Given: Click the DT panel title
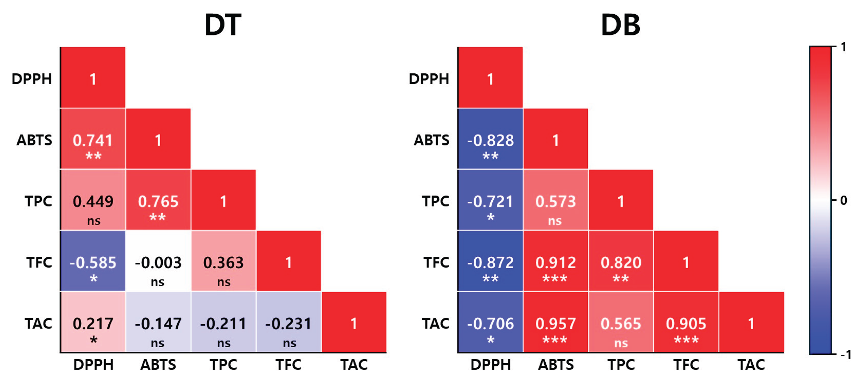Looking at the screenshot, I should tap(223, 25).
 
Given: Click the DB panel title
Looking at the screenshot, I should tap(620, 25).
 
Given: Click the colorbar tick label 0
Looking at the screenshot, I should tap(844, 200).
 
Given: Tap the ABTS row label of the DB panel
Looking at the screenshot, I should tap(431, 140).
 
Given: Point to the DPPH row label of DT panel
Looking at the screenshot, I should tap(32, 79).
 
